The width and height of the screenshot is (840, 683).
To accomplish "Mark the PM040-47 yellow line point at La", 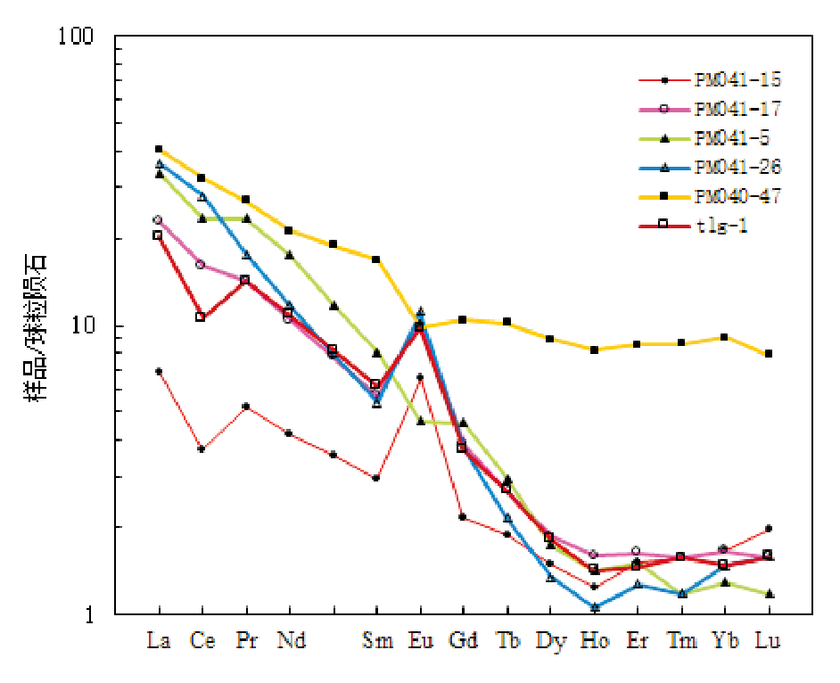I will click(x=159, y=149).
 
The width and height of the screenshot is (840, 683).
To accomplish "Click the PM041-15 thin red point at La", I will click(x=159, y=371).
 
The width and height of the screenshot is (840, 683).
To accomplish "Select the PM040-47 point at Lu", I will click(x=768, y=354).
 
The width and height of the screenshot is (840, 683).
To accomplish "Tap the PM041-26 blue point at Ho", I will click(x=594, y=607).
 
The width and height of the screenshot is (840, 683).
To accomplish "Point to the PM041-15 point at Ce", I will click(x=202, y=448).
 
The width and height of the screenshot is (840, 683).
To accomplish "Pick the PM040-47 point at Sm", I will click(x=376, y=259).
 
